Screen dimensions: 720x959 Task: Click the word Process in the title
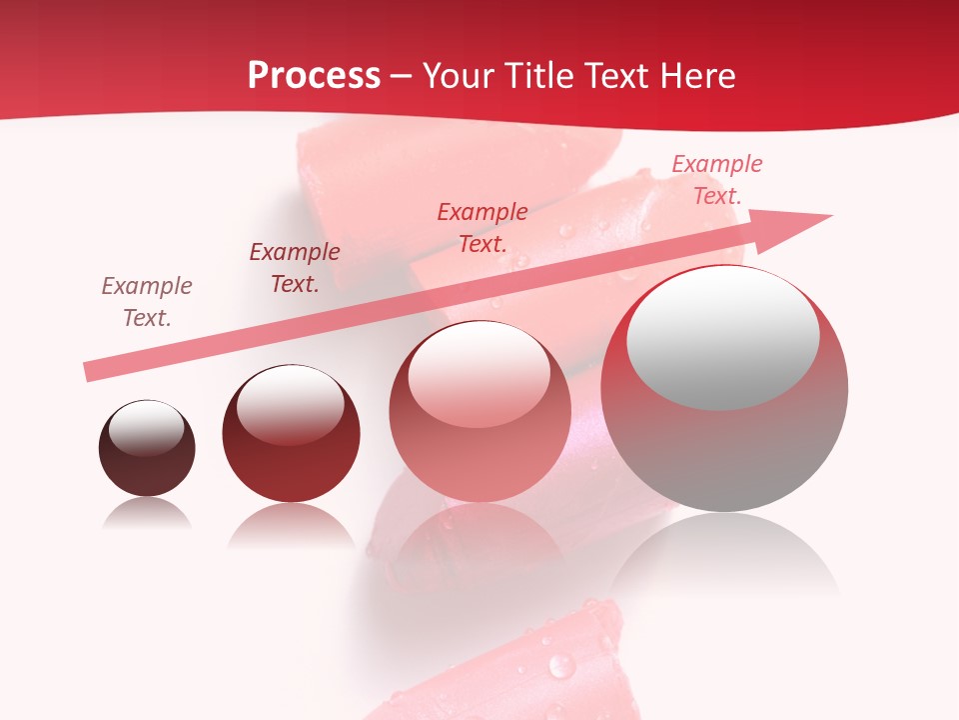pyautogui.click(x=314, y=76)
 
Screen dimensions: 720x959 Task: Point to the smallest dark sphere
pyautogui.click(x=147, y=448)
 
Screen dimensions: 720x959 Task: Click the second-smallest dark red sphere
pyautogui.click(x=291, y=434)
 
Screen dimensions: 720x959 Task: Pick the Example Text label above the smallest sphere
pyautogui.click(x=147, y=301)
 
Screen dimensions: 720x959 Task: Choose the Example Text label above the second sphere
pyautogui.click(x=295, y=268)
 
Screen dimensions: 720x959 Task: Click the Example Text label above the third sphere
pyautogui.click(x=482, y=227)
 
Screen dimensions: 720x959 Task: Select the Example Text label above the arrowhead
pyautogui.click(x=717, y=180)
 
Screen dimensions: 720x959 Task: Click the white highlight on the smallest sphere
pyautogui.click(x=147, y=428)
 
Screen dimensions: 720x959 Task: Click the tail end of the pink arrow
pyautogui.click(x=92, y=371)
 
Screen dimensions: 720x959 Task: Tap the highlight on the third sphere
pyautogui.click(x=479, y=377)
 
